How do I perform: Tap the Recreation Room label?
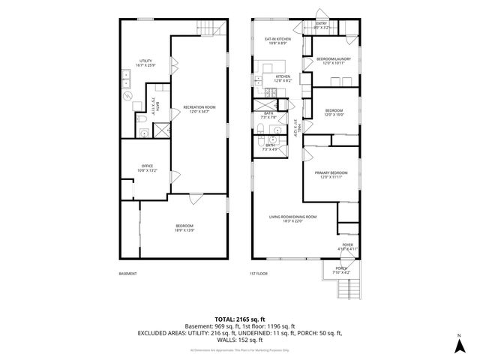pos(200,109)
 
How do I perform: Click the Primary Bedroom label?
pos(329,175)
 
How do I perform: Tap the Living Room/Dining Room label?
pos(293,218)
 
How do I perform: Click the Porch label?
pos(341,270)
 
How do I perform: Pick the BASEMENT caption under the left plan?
pos(128,274)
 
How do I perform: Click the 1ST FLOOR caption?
pos(259,274)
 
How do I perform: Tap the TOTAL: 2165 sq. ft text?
pos(240,319)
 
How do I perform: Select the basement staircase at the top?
pos(211,28)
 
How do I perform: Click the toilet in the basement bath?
pos(141,118)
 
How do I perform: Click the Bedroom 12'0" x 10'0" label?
pos(334,112)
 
